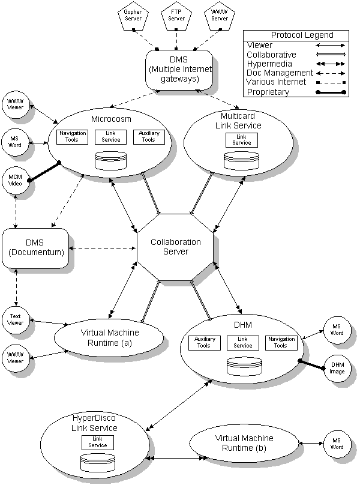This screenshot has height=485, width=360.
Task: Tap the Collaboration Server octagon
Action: [x=176, y=247]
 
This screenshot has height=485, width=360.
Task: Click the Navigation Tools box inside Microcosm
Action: [x=73, y=136]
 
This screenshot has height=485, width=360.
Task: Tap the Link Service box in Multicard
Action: [x=242, y=140]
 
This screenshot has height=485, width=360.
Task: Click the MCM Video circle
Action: [x=15, y=179]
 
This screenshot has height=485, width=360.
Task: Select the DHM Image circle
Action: [x=337, y=367]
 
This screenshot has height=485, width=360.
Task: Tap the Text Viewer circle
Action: [x=15, y=319]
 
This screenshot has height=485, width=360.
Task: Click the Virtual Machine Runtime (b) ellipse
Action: [x=244, y=444]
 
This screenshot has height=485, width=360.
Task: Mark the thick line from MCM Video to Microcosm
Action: [x=44, y=171]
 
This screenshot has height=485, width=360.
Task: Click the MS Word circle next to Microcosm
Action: [x=15, y=142]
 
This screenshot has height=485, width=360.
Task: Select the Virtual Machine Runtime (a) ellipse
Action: [x=109, y=337]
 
